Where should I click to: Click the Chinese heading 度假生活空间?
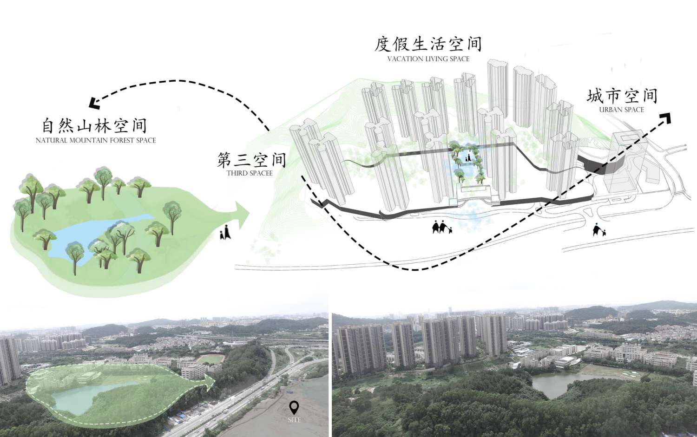tap(428, 44)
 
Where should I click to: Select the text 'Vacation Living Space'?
tap(428, 59)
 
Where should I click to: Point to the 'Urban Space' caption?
tap(621, 110)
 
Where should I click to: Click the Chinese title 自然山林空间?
tap(95, 126)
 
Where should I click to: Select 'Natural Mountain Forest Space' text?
tap(96, 140)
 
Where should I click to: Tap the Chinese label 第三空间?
tap(251, 160)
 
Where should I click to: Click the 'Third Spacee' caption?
tap(250, 173)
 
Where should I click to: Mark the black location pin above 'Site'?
tap(294, 407)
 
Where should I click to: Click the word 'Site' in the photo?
tap(294, 420)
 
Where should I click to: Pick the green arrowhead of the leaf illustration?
tap(242, 214)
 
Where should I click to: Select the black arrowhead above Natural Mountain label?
tap(95, 104)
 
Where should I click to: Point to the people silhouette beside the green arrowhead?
tap(225, 232)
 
